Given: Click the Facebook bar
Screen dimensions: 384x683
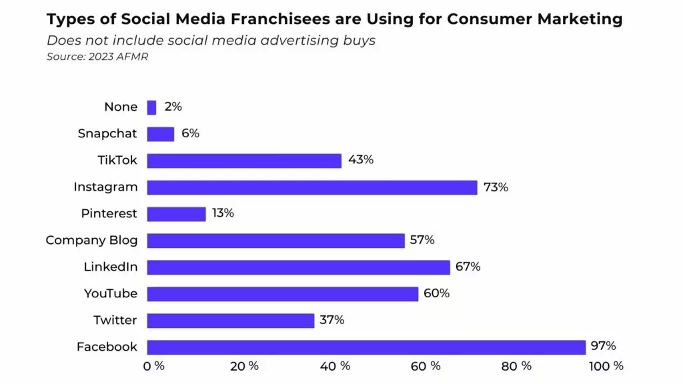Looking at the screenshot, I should [x=366, y=347].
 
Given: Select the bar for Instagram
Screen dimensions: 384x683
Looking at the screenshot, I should [x=312, y=187].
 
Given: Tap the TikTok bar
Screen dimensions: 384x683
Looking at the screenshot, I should [x=244, y=161].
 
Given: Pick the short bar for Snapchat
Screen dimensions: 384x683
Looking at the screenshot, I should [x=161, y=134].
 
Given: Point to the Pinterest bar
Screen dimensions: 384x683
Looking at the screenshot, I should [x=176, y=214].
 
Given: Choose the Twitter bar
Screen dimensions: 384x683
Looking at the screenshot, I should [x=231, y=321].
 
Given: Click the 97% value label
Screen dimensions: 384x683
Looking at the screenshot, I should [x=602, y=346].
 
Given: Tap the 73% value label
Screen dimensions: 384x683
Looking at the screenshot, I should [x=495, y=187].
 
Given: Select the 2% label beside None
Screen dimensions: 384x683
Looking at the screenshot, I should [x=173, y=107].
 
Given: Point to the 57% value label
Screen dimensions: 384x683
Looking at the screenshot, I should [x=422, y=240].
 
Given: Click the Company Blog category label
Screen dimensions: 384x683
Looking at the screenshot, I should [x=91, y=240].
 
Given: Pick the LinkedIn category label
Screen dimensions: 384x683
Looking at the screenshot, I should [x=111, y=267].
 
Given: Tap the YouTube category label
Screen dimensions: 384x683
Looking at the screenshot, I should [x=111, y=293].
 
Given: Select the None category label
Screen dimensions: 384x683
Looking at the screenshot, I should [x=121, y=107].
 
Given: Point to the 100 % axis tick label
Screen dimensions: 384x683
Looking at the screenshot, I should [x=606, y=366].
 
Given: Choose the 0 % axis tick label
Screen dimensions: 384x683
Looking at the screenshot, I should [x=154, y=366].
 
